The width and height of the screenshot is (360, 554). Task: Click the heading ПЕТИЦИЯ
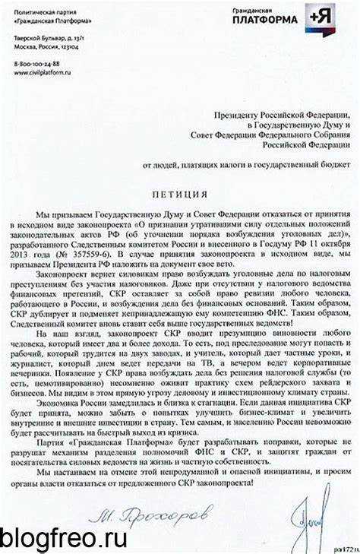pos(179,193)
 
